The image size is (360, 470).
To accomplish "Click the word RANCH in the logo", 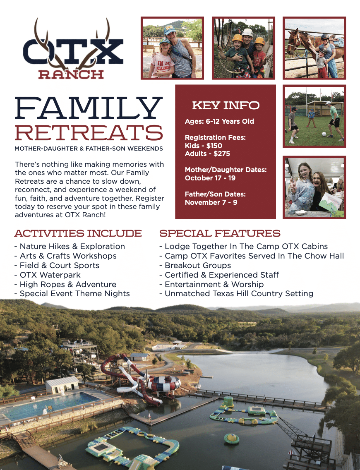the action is pos(71,74).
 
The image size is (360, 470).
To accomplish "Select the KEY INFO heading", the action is pos(226,105).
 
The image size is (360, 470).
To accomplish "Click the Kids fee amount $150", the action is pos(214,146).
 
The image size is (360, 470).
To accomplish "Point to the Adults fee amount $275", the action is pos(222,153).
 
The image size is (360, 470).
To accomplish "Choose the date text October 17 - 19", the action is pos(210,178).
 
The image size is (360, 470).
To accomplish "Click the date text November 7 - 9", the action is pos(211,202).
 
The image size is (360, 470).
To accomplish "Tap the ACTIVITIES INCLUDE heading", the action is pos(78,233).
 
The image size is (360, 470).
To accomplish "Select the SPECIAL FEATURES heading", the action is pos(220,233).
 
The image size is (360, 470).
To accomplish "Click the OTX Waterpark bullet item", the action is pos(47,275).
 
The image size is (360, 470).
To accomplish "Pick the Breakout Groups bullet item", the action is pos(195,266).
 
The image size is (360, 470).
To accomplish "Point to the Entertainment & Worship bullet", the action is pos(211,284).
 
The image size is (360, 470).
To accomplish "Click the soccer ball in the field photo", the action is pos(324,134).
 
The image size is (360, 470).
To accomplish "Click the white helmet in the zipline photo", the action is pos(247,32).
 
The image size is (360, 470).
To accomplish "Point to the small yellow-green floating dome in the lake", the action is pos(232,438).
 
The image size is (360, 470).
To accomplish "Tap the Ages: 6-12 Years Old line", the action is pos(219,121).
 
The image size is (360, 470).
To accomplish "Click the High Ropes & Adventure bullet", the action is pos(65,285).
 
